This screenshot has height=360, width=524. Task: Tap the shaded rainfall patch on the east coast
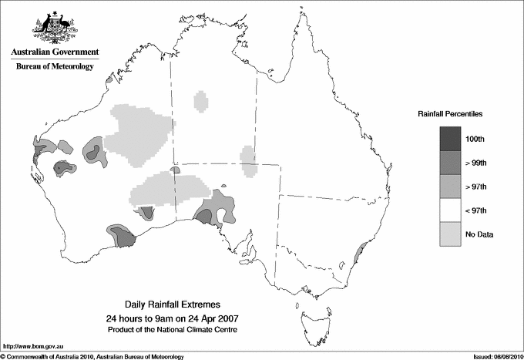coord(357,254)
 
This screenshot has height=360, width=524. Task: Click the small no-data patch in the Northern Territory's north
coord(201,101)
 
